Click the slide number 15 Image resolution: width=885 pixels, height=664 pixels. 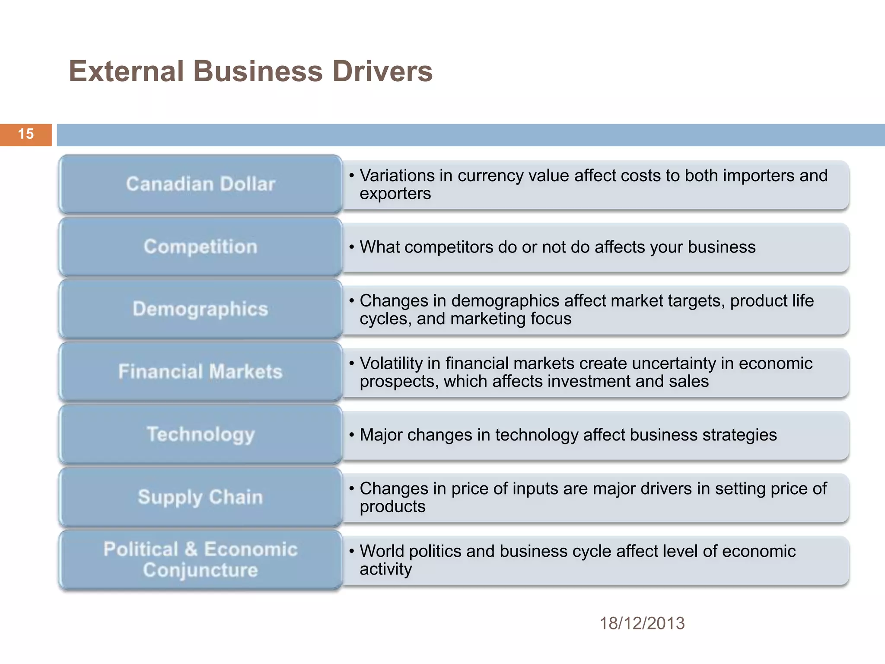(x=26, y=134)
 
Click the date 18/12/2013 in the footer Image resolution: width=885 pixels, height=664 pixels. (x=642, y=623)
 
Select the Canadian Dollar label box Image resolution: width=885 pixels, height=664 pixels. (x=201, y=184)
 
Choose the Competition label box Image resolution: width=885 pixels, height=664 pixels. (x=201, y=247)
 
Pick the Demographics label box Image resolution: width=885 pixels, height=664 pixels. (x=201, y=309)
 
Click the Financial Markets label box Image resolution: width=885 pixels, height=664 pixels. (x=201, y=372)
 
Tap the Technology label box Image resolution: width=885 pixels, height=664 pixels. (x=201, y=434)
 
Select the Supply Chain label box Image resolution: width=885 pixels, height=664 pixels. (x=201, y=497)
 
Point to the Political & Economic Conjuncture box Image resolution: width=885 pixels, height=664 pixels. (x=201, y=559)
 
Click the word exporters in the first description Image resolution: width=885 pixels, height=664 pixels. (x=395, y=194)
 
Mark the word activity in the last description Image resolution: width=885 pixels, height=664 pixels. (x=385, y=569)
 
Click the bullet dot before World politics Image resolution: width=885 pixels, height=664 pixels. (x=352, y=552)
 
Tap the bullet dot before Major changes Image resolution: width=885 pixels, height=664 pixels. (x=352, y=435)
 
